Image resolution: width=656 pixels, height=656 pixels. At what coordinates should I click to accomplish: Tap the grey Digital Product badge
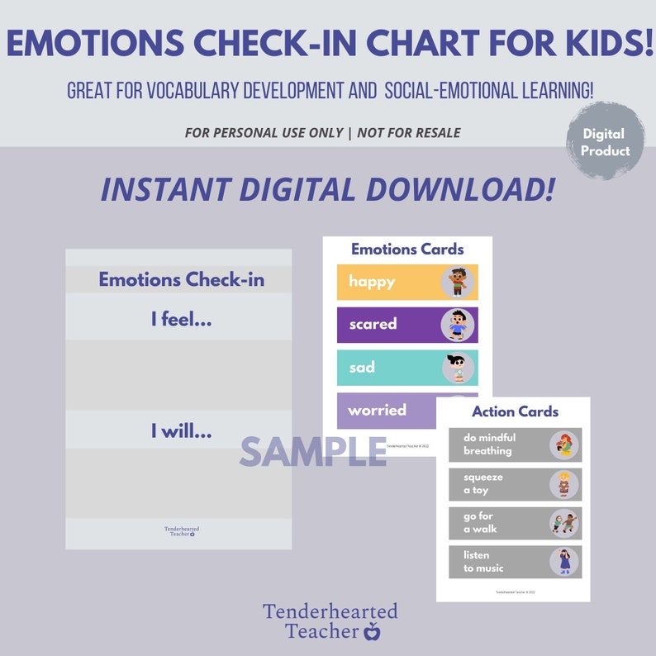point(605,142)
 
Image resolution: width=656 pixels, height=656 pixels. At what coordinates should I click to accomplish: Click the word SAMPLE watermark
point(313,451)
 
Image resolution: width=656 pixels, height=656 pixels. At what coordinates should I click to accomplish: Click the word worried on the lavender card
point(377,410)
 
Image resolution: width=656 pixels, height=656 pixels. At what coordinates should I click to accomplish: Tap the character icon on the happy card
point(457,282)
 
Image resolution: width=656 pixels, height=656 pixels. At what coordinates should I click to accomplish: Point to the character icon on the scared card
point(457,325)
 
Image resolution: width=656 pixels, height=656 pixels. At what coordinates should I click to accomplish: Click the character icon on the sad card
point(457,368)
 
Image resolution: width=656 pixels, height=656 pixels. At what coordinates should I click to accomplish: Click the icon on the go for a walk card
point(565,523)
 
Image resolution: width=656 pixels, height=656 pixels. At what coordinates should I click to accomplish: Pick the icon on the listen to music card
point(565,562)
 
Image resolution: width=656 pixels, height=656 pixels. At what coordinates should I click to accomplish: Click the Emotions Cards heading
point(407,249)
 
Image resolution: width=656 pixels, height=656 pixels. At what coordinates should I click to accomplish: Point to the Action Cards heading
point(515,411)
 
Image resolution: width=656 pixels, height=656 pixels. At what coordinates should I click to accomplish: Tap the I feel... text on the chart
point(181,319)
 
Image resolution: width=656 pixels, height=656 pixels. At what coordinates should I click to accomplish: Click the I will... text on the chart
point(181,430)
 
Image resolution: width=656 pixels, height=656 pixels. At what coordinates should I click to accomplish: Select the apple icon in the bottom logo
point(372,632)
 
